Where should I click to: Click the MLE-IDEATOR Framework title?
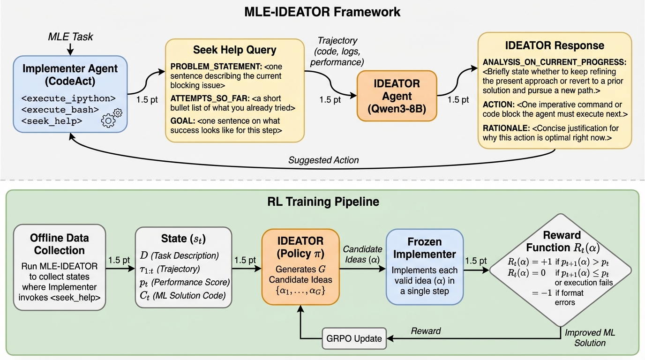coord(322,11)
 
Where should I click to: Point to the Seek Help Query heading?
coord(234,50)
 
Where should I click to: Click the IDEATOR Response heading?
coord(554,45)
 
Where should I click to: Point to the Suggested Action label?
coord(323,160)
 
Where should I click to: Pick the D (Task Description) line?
coord(179,256)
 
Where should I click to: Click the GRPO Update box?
coord(354,338)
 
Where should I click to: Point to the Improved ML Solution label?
coord(590,337)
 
